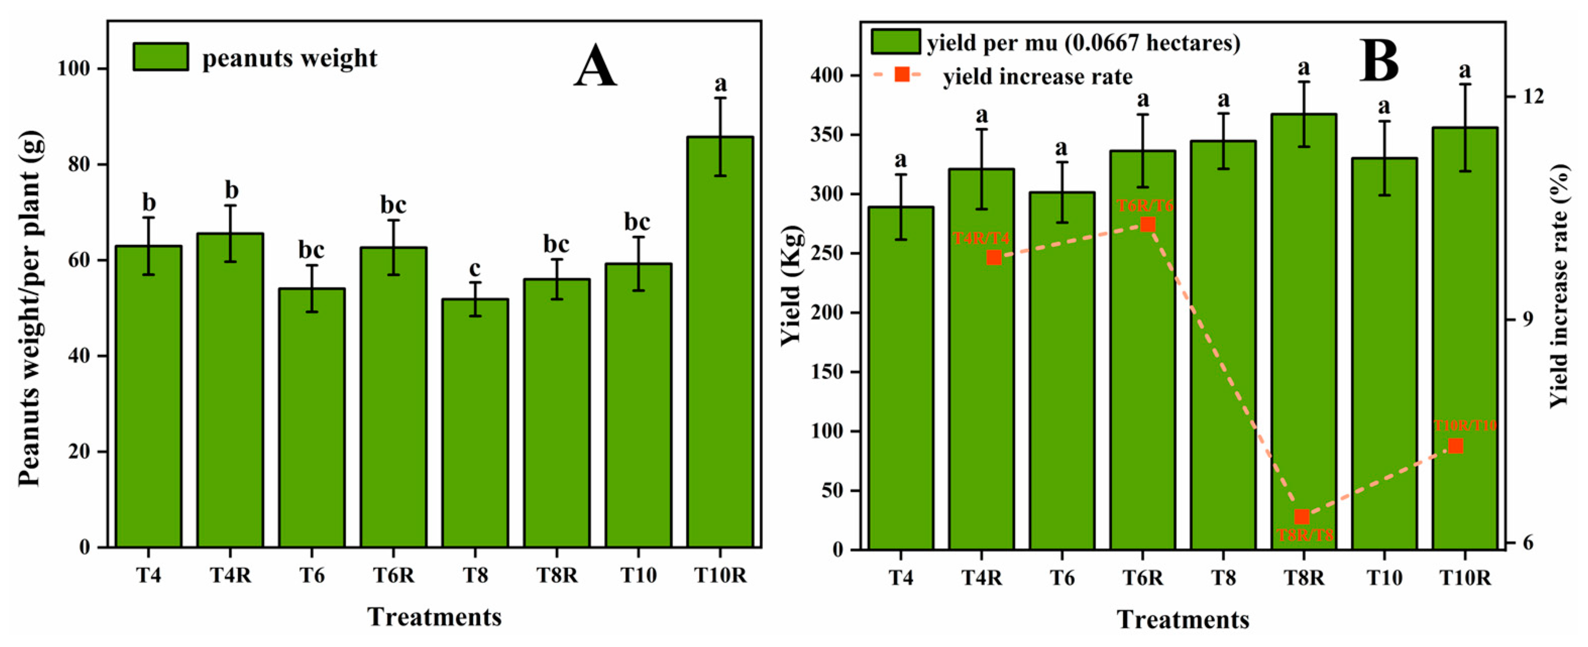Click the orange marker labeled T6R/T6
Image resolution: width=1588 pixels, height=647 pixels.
1147,224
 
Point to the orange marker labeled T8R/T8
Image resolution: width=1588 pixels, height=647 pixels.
1301,516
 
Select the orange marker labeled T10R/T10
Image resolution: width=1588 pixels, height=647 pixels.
1455,445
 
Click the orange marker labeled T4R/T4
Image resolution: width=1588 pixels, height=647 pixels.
994,257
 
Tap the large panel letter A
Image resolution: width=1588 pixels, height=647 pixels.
595,66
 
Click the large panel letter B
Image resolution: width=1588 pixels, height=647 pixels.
1379,61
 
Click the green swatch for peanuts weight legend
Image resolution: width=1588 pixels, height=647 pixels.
161,56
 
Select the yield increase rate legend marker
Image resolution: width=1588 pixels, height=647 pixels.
901,75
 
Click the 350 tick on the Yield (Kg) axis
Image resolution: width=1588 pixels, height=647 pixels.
826,135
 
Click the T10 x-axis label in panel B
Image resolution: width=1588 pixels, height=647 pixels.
1384,578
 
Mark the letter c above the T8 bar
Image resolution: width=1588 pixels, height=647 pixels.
475,269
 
